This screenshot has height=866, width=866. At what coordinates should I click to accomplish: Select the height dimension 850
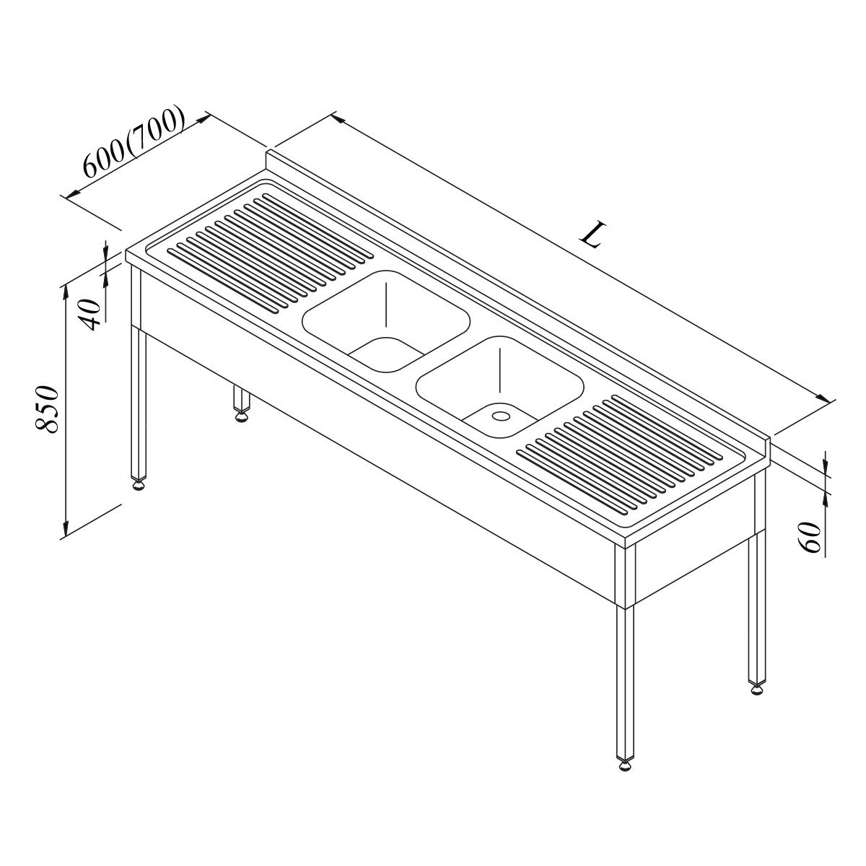(x=47, y=408)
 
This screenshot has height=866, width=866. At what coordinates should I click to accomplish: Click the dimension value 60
(x=810, y=537)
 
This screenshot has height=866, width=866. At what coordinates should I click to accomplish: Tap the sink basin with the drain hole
(x=499, y=388)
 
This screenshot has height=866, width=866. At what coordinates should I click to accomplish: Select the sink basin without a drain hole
(x=386, y=321)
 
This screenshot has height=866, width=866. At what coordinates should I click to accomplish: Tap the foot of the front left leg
(x=138, y=486)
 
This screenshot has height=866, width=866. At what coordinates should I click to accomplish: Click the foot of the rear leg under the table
(x=241, y=416)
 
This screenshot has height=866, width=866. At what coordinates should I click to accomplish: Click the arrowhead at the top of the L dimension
(x=338, y=118)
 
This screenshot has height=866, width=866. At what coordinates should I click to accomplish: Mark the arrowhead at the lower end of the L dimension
(x=823, y=398)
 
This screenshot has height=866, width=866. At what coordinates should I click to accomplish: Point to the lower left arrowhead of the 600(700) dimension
(x=74, y=193)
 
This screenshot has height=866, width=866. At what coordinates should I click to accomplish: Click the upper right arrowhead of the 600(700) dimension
(x=203, y=119)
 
